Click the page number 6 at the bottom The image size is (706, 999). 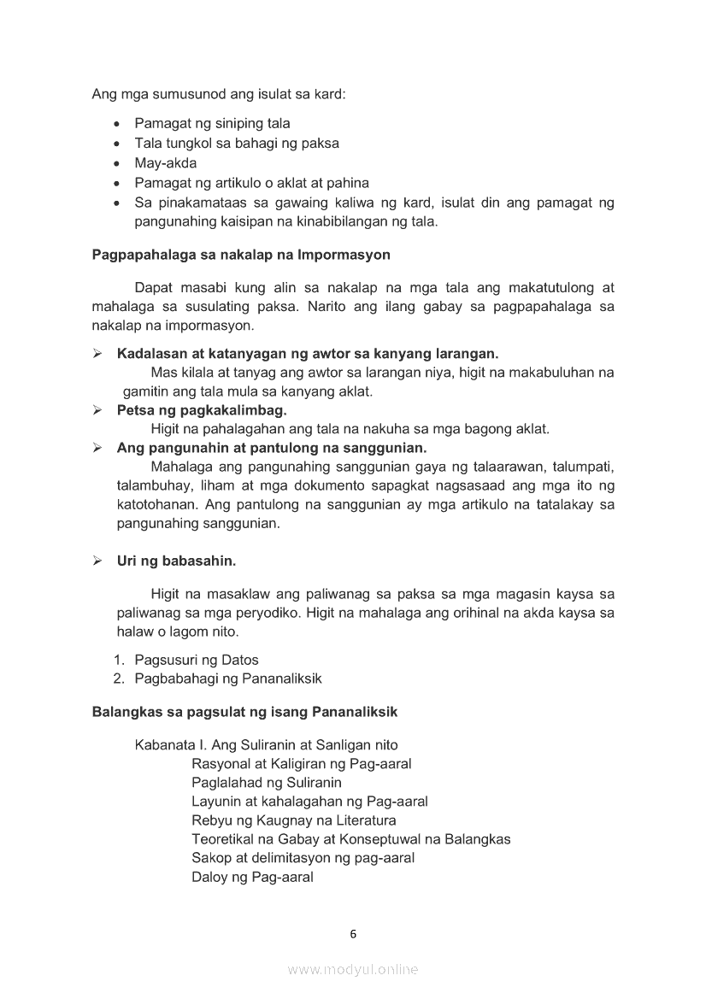353,934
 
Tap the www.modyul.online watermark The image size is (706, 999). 353,969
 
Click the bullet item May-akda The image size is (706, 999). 165,163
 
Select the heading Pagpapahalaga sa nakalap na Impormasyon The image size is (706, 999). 240,255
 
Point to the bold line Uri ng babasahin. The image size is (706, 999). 176,561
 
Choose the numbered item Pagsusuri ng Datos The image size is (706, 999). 197,660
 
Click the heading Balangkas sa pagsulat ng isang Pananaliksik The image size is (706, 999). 244,712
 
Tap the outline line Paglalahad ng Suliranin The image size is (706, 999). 267,783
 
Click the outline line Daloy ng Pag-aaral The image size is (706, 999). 252,877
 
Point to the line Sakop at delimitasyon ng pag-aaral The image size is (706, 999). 303,858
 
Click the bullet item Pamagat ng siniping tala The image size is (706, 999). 212,123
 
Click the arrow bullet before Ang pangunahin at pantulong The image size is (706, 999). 98,448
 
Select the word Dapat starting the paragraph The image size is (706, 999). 153,288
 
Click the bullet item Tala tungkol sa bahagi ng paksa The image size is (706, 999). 237,144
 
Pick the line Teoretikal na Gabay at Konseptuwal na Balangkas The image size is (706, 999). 350,839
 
